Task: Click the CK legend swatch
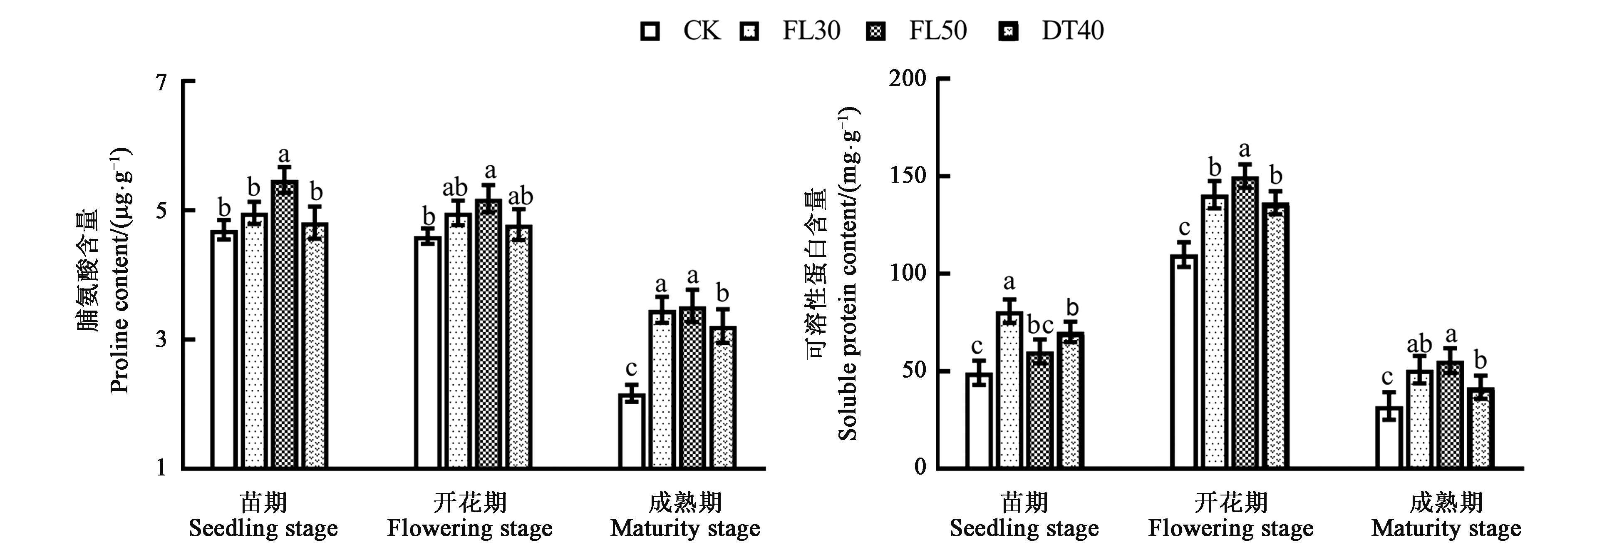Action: pyautogui.click(x=650, y=31)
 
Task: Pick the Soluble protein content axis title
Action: pyautogui.click(x=847, y=274)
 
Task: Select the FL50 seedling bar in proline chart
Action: pyautogui.click(x=284, y=324)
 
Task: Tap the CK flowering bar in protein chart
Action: pyautogui.click(x=1183, y=361)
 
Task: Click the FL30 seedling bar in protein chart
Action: pyautogui.click(x=1009, y=389)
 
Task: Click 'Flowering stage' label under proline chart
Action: pyautogui.click(x=469, y=528)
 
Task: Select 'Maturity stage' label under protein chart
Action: pyautogui.click(x=1446, y=528)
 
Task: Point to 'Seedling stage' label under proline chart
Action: pyautogui.click(x=263, y=528)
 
